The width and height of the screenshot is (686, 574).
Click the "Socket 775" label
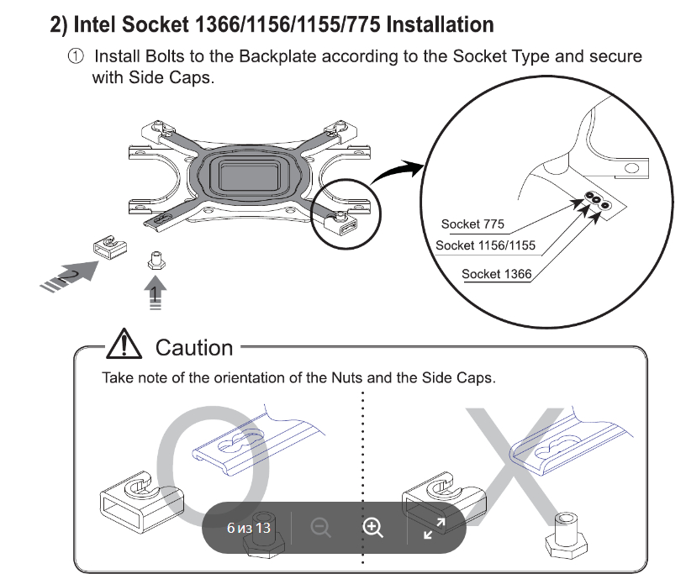(x=472, y=224)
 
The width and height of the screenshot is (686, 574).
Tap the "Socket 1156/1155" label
(x=485, y=245)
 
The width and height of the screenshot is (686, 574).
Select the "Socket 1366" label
(x=497, y=274)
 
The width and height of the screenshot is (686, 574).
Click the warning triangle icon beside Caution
(x=124, y=345)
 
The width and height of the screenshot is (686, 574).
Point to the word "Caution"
(x=194, y=348)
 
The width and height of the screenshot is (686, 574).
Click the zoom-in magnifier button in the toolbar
(x=372, y=528)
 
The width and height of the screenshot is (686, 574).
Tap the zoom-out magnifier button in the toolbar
(x=320, y=528)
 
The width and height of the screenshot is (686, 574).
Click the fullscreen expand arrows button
(x=435, y=528)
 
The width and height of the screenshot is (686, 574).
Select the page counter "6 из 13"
(x=249, y=528)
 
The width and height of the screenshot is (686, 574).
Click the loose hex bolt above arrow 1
(x=156, y=261)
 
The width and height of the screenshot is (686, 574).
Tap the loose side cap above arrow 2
(x=110, y=247)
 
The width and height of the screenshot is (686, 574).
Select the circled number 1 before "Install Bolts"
(x=76, y=56)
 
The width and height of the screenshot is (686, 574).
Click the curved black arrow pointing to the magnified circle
(x=396, y=171)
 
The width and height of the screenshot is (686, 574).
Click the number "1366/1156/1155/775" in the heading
(x=288, y=24)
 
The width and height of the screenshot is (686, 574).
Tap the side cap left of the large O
(x=141, y=502)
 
